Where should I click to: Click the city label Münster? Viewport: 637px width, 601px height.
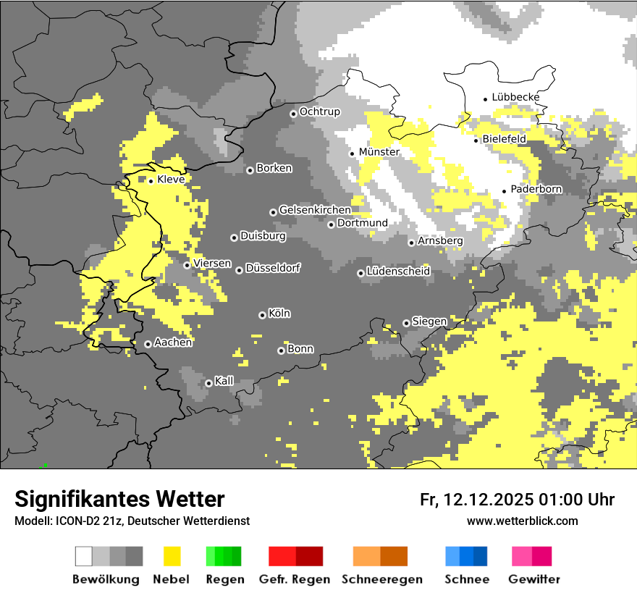pos(379,152)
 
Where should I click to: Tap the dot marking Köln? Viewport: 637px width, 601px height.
pos(262,315)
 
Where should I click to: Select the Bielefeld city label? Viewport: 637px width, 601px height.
pos(504,139)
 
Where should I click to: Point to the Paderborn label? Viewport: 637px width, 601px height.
pos(536,190)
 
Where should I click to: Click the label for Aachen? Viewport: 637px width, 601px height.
pos(173,342)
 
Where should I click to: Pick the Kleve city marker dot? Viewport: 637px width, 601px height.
pos(151,181)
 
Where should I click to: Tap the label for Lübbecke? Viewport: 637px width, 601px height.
pos(515,98)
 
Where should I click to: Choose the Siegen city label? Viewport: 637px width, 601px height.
pos(429,321)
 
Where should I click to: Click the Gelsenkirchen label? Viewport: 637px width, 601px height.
pos(315,210)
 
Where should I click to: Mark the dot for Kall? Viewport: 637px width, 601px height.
pos(208,383)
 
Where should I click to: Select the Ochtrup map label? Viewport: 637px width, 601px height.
pos(319,112)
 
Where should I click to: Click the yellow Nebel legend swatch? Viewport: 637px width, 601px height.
pos(172,556)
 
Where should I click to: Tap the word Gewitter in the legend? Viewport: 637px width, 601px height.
pos(533,579)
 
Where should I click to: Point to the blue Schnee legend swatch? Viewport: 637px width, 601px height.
pos(465,556)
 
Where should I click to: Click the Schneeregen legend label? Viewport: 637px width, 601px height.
pos(381,579)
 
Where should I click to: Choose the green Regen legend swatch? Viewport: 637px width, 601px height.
pos(224,556)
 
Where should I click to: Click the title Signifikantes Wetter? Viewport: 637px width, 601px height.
pos(119,499)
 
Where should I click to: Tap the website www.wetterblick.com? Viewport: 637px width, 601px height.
pos(522,521)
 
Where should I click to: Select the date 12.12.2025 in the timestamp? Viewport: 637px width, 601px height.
pos(489,500)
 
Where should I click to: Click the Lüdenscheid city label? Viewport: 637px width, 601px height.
pos(398,272)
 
